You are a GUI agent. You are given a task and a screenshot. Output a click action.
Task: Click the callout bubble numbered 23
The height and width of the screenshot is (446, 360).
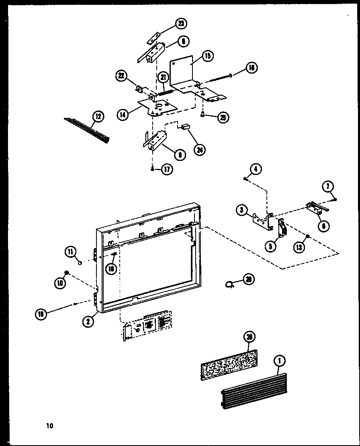pos(181,25)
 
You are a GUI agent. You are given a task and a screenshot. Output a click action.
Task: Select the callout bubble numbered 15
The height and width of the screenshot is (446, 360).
pos(207,55)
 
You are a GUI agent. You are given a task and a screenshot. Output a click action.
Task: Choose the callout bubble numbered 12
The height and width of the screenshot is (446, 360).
pos(98,117)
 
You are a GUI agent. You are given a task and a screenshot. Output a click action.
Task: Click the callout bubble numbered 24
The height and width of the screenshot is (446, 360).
pos(198,149)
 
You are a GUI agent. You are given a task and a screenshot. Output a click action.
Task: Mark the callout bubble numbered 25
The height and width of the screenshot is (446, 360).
pos(223,117)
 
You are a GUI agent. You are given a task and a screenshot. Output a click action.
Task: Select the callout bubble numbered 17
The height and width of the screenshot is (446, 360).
pos(167,169)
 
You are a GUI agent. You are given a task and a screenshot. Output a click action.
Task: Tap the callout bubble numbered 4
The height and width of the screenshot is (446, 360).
pos(256,170)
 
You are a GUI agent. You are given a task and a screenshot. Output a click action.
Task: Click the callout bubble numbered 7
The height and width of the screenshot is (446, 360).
pos(328,186)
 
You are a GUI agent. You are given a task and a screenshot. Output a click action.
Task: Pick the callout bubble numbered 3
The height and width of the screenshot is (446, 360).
pos(242,210)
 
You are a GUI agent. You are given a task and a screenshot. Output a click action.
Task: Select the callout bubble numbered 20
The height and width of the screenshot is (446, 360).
pos(249,279)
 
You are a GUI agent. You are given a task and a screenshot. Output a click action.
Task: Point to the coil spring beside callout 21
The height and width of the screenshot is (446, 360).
pos(165,91)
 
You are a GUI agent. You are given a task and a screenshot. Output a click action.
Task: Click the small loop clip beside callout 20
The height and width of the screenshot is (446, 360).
pos(230,284)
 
